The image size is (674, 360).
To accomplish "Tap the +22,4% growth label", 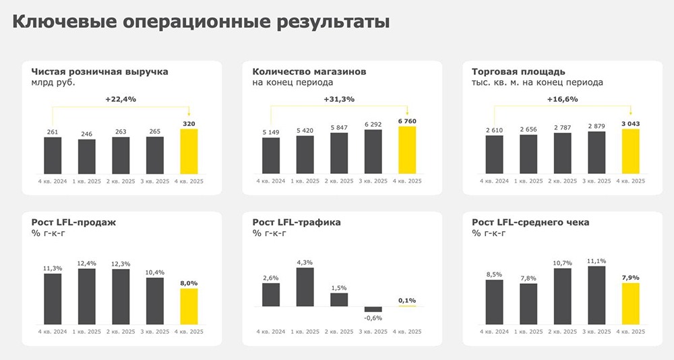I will click(x=121, y=99).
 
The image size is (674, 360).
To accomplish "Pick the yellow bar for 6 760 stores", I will click(x=408, y=150).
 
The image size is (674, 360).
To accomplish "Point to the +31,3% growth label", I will click(x=339, y=99).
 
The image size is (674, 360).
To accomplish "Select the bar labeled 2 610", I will click(x=494, y=154).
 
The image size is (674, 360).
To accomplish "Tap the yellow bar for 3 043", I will click(x=630, y=151).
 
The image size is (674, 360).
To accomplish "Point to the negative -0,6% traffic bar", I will click(x=373, y=309).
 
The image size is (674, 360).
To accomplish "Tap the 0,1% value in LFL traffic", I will click(x=407, y=300).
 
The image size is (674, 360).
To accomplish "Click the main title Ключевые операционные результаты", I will click(x=202, y=23).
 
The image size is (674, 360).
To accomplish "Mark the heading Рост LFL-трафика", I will click(x=297, y=222).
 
